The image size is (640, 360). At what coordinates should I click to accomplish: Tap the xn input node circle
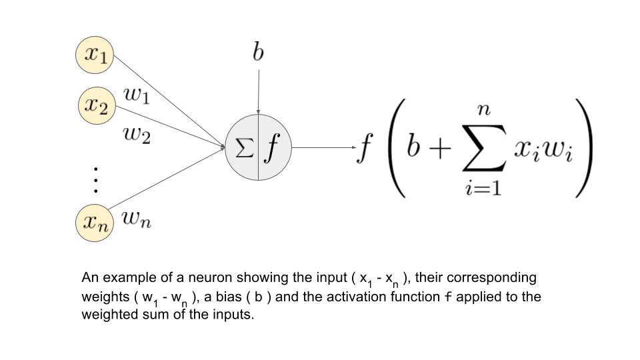click(x=95, y=222)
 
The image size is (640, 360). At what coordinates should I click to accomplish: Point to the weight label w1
click(x=137, y=96)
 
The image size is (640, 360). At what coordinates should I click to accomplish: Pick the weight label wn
click(x=137, y=219)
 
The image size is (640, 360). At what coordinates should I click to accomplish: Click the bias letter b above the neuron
click(x=258, y=51)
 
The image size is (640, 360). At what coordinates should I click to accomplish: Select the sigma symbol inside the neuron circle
click(x=245, y=148)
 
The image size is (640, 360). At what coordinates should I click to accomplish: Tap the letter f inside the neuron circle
click(x=271, y=148)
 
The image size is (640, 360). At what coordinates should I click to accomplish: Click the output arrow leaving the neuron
click(x=323, y=148)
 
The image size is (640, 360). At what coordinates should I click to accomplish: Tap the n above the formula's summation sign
click(x=484, y=110)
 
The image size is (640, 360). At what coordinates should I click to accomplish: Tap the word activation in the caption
click(x=368, y=297)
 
